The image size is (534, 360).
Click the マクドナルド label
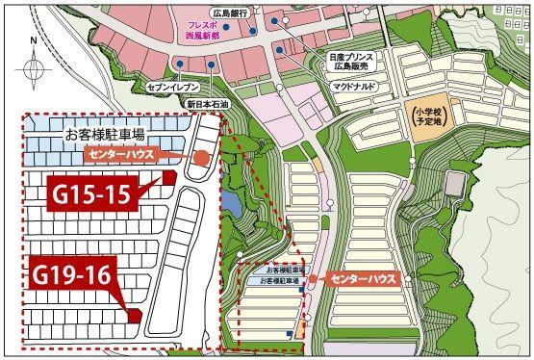click(351, 96)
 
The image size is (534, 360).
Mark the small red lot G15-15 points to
click(169, 177)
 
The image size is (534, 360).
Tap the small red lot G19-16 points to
click(135, 315)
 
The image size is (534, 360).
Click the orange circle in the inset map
click(202, 160)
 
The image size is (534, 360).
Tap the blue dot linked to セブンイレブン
click(180, 64)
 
